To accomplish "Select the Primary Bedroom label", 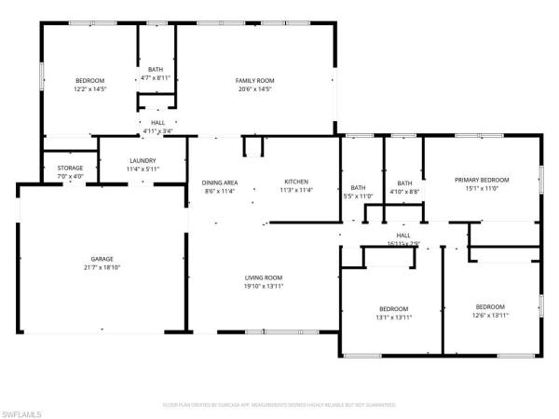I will (482, 180).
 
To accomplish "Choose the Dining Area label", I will (219, 182).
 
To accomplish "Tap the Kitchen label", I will (297, 182).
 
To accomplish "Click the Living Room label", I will (265, 277).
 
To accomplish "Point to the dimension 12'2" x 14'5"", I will (90, 89).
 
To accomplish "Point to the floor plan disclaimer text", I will (279, 405).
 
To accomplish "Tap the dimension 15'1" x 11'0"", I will (482, 188).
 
